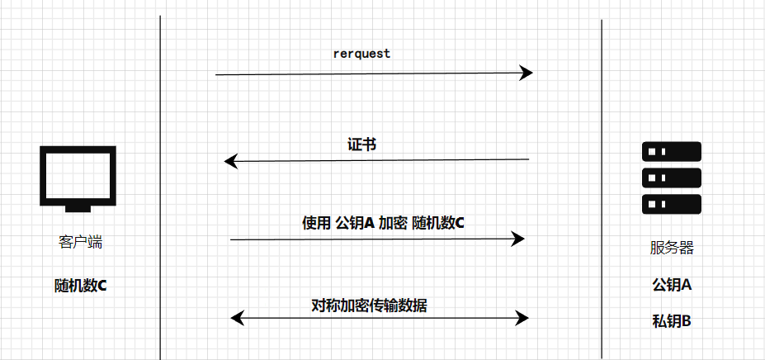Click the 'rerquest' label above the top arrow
(361, 54)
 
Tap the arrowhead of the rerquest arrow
(526, 73)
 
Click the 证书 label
(361, 144)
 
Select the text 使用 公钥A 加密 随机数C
(383, 222)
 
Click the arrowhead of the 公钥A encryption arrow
(518, 239)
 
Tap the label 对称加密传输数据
(369, 305)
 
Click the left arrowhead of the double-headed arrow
(237, 317)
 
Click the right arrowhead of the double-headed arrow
(522, 317)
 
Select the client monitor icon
(78, 174)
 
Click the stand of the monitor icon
(78, 207)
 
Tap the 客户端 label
(80, 243)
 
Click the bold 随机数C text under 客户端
(80, 286)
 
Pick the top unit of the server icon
(671, 151)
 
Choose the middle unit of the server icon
(671, 178)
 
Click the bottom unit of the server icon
(671, 205)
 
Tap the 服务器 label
(671, 248)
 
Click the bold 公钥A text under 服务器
(671, 285)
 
